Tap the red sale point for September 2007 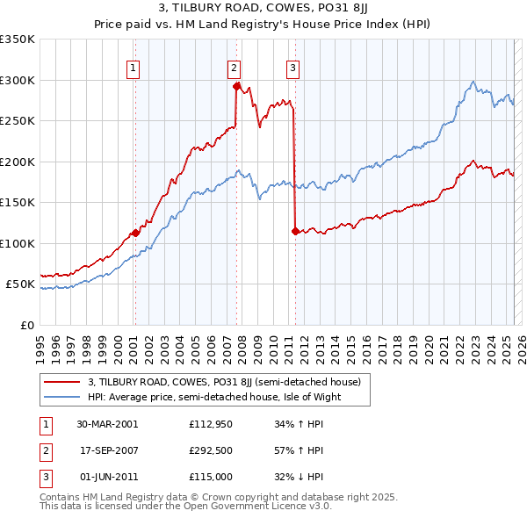click(236, 86)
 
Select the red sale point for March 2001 click(135, 233)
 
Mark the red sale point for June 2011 click(295, 231)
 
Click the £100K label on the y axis click(18, 243)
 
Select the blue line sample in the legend click(61, 397)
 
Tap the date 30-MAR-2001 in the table click(107, 423)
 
